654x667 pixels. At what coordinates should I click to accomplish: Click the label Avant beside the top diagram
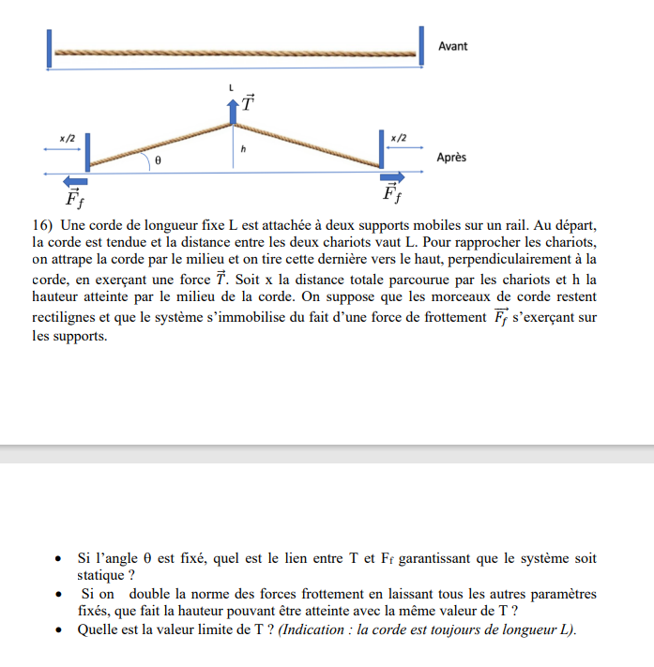coord(452,46)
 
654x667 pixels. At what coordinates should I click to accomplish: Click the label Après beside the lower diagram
coord(451,158)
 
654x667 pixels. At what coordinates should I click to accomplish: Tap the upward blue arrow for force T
coord(233,111)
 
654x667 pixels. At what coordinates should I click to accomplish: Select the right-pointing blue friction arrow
coord(392,177)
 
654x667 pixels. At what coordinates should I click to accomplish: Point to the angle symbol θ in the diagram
coord(158,161)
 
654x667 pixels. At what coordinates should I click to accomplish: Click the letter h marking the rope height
coord(242,148)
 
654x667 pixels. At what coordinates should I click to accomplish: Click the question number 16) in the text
coord(44,225)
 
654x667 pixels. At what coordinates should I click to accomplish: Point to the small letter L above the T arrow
coord(231,87)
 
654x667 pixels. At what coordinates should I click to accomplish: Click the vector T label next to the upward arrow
coord(248,101)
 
